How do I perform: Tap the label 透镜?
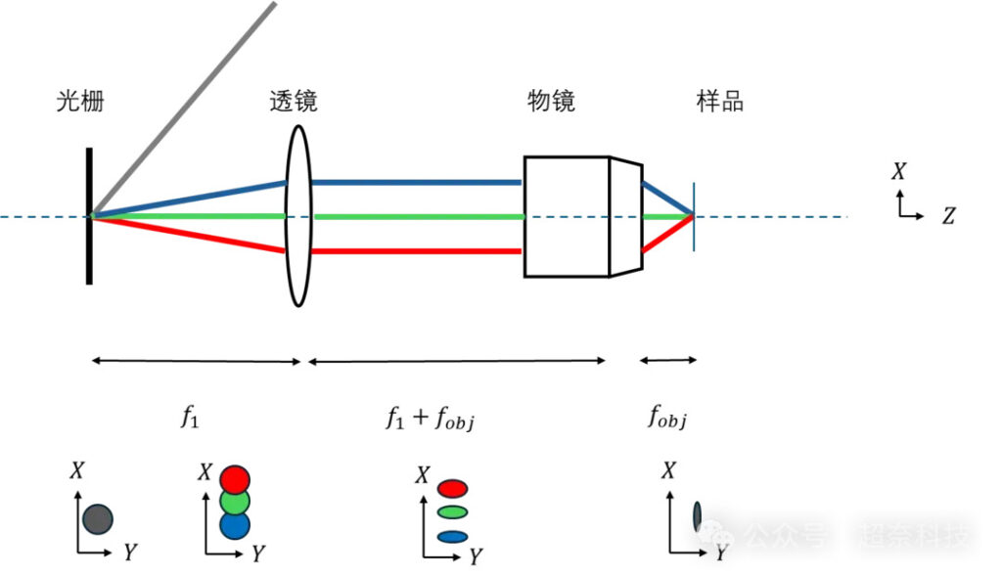(294, 102)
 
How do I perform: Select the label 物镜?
(551, 102)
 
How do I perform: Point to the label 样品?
(719, 102)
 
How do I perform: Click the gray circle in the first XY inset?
(98, 518)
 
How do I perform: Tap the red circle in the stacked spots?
(235, 479)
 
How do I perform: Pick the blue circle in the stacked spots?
(235, 525)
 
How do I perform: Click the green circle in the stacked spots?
(235, 503)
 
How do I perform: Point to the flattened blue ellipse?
(451, 536)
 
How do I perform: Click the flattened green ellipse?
(451, 511)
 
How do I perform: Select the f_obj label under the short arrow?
(667, 418)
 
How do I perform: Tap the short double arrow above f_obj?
(668, 361)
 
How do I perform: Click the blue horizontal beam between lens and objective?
(416, 182)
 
